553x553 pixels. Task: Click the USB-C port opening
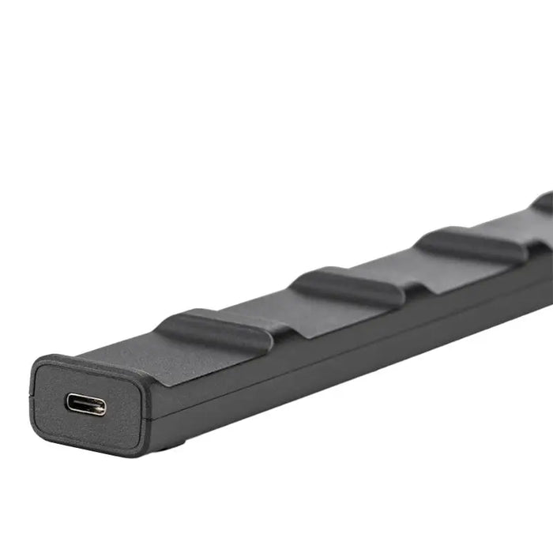pyautogui.click(x=85, y=404)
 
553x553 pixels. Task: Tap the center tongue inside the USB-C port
pyautogui.click(x=85, y=405)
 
